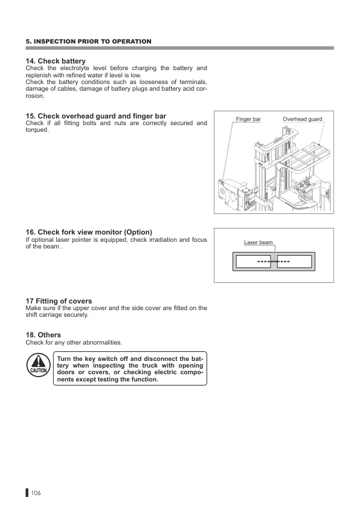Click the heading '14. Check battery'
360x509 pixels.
point(56,61)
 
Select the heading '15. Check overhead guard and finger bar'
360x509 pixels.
point(95,115)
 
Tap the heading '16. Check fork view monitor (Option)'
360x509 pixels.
point(88,232)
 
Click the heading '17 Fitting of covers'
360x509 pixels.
point(59,301)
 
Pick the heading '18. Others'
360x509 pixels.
point(43,335)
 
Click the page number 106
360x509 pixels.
point(35,494)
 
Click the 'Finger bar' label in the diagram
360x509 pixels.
point(248,120)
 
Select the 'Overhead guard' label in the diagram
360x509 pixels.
point(302,120)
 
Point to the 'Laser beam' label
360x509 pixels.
point(258,242)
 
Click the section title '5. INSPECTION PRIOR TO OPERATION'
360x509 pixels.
point(88,41)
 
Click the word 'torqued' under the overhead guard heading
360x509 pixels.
point(36,130)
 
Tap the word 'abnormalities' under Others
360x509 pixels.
point(103,343)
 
